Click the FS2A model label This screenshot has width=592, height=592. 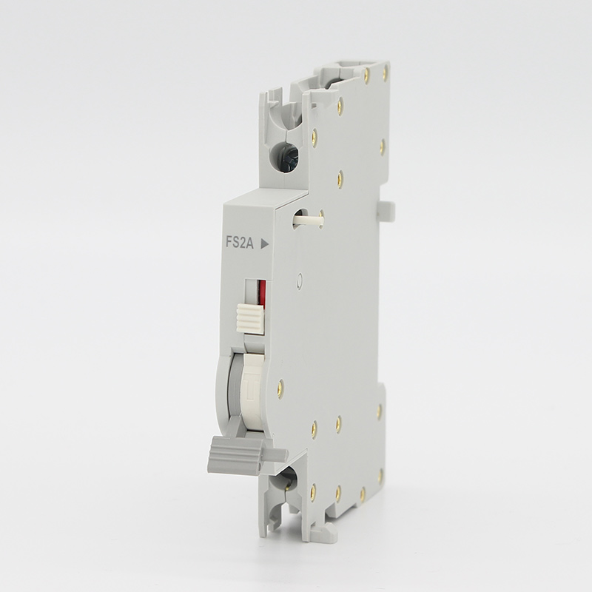coord(240,243)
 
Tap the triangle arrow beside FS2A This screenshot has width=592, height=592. coord(265,244)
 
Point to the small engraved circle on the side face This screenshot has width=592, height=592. coord(300,280)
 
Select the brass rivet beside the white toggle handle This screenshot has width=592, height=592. coord(280,386)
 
